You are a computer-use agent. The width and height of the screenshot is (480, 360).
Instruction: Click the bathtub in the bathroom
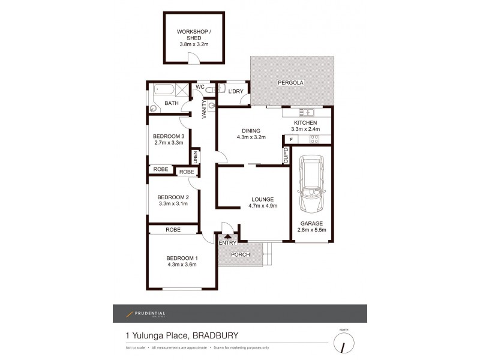(164, 91)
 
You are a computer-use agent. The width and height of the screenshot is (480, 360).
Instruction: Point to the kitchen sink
(306, 112)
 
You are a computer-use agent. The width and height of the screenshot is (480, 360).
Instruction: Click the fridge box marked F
(292, 140)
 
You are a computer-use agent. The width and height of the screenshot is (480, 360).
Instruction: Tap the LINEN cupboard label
(196, 157)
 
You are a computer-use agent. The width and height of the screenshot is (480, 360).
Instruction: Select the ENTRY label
(227, 242)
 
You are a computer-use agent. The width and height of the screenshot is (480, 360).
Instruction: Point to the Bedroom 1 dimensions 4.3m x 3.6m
(181, 264)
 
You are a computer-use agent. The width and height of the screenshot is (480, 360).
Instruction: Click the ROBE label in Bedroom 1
(173, 229)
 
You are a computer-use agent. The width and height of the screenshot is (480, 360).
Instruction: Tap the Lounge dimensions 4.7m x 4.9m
(263, 206)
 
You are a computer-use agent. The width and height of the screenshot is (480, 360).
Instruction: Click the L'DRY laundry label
(236, 91)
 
